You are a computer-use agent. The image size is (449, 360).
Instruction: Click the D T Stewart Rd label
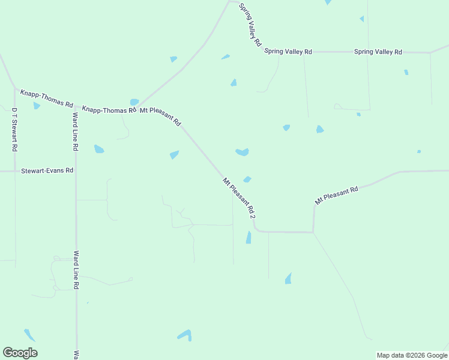click(14, 130)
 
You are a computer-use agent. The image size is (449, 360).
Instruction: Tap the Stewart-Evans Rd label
click(47, 170)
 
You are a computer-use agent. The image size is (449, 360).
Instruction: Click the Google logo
click(20, 353)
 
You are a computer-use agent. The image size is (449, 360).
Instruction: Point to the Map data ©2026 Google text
click(412, 355)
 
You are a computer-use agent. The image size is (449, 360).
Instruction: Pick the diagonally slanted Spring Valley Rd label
click(250, 25)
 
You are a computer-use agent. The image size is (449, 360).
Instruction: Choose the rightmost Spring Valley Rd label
click(378, 52)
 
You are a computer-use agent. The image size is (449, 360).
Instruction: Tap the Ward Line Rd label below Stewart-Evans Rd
click(76, 271)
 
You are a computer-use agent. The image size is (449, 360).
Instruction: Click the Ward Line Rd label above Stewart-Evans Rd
click(75, 131)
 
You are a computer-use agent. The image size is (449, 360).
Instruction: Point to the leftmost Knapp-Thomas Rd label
click(46, 98)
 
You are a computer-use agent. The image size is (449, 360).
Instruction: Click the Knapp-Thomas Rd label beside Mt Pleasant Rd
click(108, 110)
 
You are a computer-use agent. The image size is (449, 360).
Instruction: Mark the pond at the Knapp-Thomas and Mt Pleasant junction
click(134, 102)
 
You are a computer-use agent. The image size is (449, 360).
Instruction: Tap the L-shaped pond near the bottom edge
click(185, 335)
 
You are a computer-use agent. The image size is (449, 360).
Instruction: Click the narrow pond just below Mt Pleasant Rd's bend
click(249, 238)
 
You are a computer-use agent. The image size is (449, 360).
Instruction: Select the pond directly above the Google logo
click(29, 334)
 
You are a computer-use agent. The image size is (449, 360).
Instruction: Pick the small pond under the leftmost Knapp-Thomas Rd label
click(37, 106)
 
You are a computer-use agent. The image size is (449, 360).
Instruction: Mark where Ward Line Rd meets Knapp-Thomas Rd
click(75, 106)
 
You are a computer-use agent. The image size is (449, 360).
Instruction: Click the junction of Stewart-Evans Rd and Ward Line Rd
click(76, 171)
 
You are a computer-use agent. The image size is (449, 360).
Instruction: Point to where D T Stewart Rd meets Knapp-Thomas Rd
click(15, 88)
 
